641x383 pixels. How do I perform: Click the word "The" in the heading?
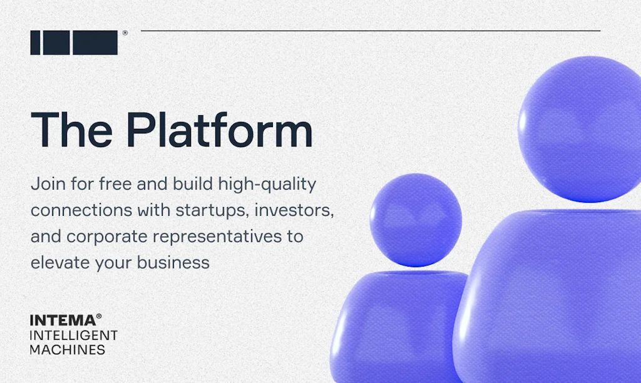point(69,130)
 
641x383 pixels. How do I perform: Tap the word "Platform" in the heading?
point(219,130)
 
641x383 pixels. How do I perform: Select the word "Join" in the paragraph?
point(46,185)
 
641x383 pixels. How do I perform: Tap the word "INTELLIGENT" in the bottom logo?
point(74,335)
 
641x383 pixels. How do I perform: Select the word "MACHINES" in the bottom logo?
point(68,350)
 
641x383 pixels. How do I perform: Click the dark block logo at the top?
point(74,43)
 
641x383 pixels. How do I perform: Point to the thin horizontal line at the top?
point(369,30)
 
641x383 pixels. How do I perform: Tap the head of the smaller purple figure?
point(416,219)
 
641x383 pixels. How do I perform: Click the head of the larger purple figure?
point(579,128)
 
